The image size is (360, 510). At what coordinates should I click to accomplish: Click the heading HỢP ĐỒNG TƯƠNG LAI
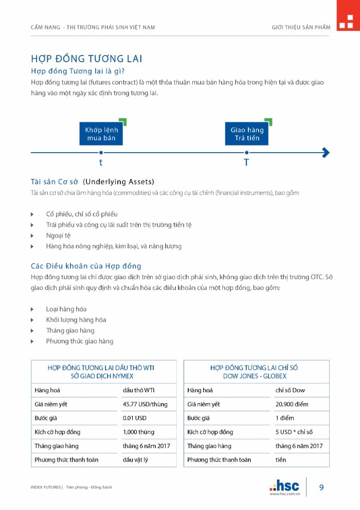[86, 58]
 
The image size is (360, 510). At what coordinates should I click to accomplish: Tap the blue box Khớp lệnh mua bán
[101, 134]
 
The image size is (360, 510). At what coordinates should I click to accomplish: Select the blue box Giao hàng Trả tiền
[246, 134]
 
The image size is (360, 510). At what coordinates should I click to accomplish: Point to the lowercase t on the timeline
[101, 162]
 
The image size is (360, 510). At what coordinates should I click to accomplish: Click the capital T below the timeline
[246, 162]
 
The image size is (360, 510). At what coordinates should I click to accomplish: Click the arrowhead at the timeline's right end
[325, 152]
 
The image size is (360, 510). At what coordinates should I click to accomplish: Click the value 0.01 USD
[135, 418]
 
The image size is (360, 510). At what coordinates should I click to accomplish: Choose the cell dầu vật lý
[135, 460]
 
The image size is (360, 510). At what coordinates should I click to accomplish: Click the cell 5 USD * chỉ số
[294, 432]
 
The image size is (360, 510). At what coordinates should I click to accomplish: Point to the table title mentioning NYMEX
[101, 372]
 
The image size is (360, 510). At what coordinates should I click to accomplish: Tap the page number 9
[321, 487]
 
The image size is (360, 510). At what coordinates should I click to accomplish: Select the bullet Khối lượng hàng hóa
[76, 320]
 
